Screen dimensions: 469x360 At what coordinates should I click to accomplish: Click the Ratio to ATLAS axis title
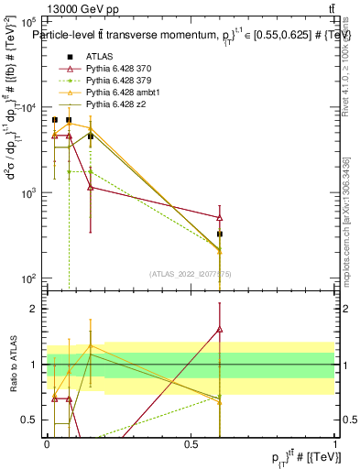coord(13,363)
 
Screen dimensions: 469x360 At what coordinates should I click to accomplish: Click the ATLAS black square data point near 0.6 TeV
coord(220,234)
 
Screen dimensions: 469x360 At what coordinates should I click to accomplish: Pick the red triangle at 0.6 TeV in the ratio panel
coord(220,329)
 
